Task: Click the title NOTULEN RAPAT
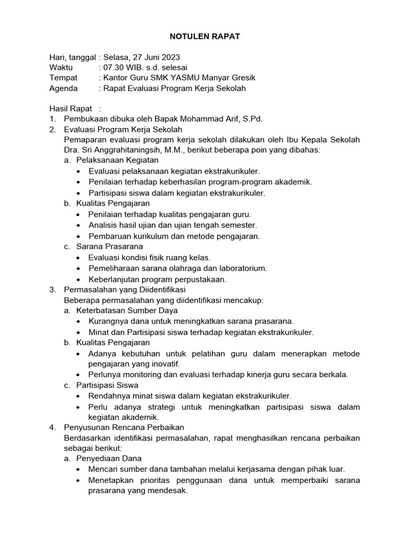point(205,37)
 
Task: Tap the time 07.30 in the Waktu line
point(114,68)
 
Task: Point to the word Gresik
point(233,78)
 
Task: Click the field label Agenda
point(64,89)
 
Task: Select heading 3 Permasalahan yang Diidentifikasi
point(124,290)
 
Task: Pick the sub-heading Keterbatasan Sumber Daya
point(127,310)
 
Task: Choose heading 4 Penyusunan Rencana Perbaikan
point(124,427)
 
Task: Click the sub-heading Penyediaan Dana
point(109,458)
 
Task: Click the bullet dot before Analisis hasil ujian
point(79,225)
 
